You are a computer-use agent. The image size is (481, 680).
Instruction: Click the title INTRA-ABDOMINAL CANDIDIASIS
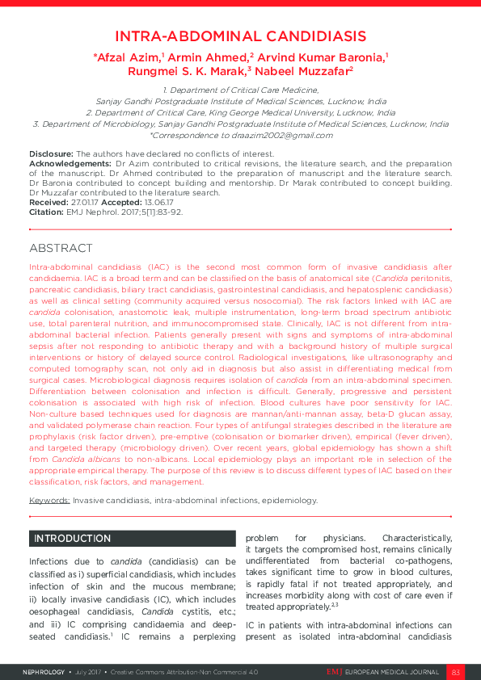coord(240,36)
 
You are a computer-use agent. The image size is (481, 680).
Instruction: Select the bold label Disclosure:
coord(51,153)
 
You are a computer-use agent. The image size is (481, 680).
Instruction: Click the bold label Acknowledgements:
coord(70,163)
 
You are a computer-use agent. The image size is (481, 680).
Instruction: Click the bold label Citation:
coord(46,212)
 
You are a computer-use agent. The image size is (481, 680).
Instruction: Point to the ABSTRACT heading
coord(61,248)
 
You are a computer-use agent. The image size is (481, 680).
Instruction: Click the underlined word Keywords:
coord(49,500)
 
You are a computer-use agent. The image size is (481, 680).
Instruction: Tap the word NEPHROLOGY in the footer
coord(44,672)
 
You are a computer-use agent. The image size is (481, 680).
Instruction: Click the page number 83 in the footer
coord(455,672)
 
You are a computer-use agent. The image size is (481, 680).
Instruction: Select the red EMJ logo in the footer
coord(335,672)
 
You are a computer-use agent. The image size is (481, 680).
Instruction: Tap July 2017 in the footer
coord(91,672)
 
